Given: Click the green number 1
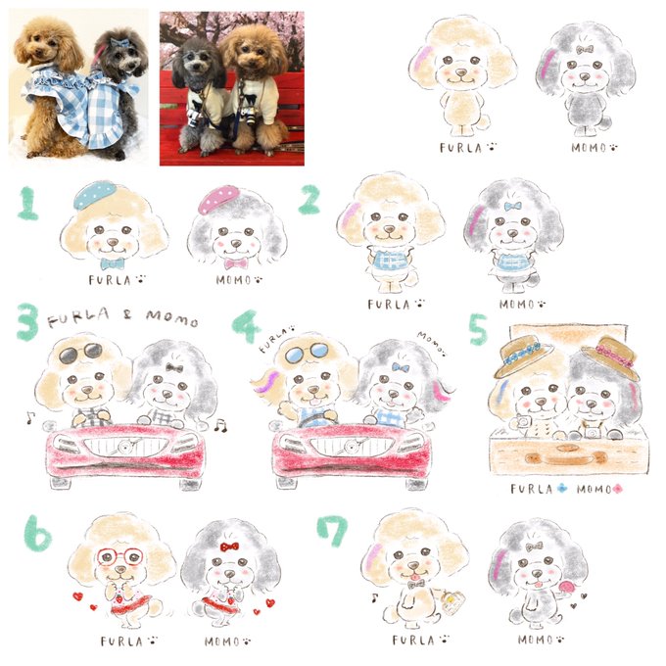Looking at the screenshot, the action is [x=28, y=203].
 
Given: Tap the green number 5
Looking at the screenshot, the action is [x=478, y=329].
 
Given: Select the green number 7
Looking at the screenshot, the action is [x=332, y=531].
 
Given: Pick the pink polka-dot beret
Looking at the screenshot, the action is [x=218, y=200].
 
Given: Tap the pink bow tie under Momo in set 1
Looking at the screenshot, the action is [x=236, y=264].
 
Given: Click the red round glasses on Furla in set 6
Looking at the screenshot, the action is [x=120, y=556].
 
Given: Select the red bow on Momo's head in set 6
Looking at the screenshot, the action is [x=229, y=547].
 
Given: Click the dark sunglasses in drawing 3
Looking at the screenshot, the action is [x=80, y=354].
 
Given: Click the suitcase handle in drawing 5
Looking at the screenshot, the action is [x=567, y=457].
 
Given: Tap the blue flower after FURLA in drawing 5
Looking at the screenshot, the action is [x=562, y=489].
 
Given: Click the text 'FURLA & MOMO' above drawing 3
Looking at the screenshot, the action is [x=123, y=317].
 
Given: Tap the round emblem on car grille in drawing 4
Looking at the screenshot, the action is [x=351, y=447].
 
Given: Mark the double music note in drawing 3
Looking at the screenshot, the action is [x=220, y=425].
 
